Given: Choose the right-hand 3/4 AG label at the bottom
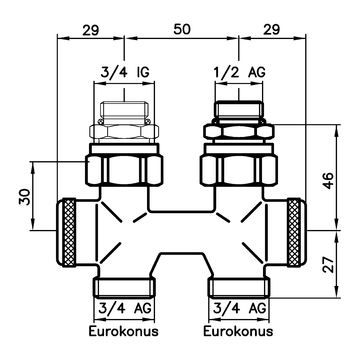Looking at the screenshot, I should (x=238, y=306).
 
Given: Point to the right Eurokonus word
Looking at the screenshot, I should (x=238, y=328).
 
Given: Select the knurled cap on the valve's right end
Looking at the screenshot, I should (x=297, y=230).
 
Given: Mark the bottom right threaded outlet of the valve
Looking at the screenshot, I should (x=238, y=283).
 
